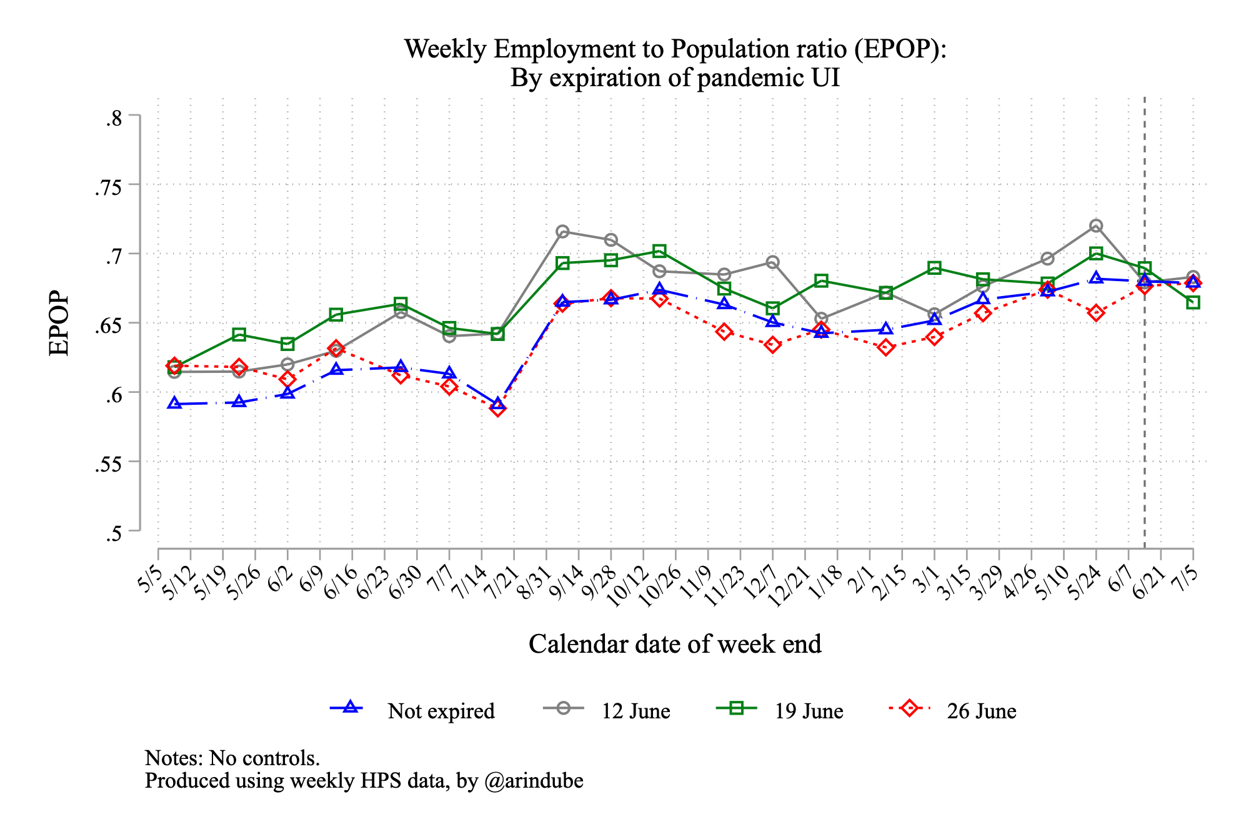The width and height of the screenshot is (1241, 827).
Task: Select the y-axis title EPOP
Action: (x=59, y=323)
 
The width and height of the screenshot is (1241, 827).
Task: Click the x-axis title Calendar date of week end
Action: (x=675, y=644)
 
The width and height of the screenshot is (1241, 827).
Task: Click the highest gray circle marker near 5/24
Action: (x=1096, y=225)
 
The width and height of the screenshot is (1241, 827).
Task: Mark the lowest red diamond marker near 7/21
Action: (x=498, y=409)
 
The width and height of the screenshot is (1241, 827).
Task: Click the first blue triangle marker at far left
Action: (x=175, y=404)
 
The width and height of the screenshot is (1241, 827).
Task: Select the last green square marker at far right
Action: (x=1193, y=302)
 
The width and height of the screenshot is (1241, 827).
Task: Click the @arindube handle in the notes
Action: (x=534, y=781)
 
